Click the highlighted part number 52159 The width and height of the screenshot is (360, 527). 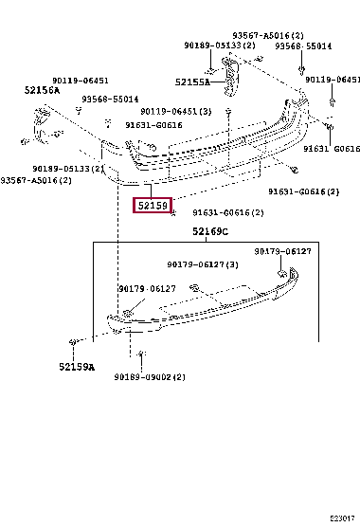152,206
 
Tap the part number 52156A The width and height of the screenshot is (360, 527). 41,90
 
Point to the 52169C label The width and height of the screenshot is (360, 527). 207,232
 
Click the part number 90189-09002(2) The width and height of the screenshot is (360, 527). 152,377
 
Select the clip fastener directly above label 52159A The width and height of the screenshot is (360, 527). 72,340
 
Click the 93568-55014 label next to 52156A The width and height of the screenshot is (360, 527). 110,99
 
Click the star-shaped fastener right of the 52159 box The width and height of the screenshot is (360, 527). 174,213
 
